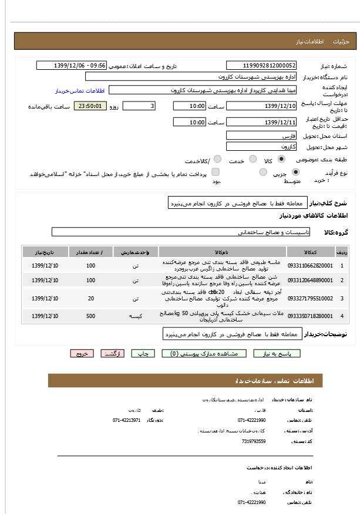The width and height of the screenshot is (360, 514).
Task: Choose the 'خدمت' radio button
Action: tap(253, 159)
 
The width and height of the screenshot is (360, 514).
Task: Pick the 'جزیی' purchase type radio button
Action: tap(295, 172)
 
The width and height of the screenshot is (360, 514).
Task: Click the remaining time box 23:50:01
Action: tap(90, 106)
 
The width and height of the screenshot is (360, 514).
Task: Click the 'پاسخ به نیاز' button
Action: tap(277, 354)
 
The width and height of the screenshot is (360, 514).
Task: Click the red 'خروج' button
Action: tap(82, 354)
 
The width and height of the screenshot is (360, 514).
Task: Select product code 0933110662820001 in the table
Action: tap(310, 266)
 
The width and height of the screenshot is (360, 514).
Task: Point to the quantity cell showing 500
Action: tap(90, 316)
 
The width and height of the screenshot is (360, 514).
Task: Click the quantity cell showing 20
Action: tap(90, 299)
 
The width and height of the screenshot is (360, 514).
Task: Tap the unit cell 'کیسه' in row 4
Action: tap(135, 316)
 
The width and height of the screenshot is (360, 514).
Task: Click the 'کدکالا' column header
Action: tap(310, 252)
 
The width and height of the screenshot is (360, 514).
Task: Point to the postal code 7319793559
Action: tap(253, 441)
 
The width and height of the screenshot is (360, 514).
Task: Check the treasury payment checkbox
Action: tap(216, 172)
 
